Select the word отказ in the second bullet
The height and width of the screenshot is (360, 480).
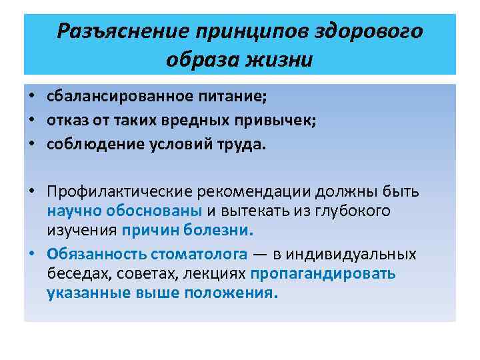65,120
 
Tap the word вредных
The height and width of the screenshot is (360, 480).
191,120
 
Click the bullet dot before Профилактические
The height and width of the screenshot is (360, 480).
32,193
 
